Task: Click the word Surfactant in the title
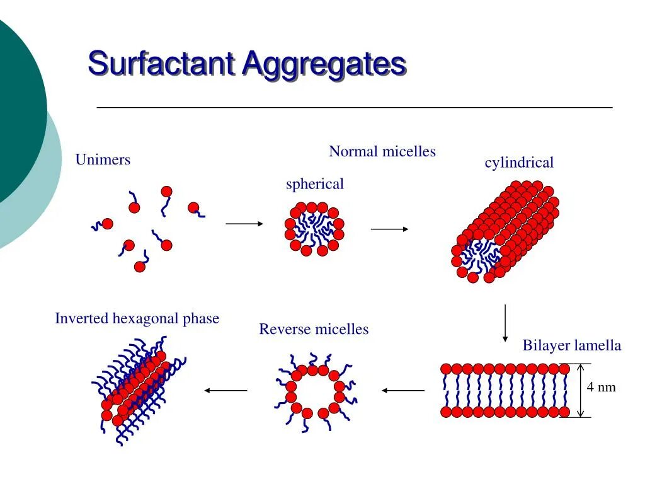click(161, 64)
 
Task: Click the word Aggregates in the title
click(324, 64)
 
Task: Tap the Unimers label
click(103, 159)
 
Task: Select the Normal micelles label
click(382, 151)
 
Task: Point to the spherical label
click(315, 184)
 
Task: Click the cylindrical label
click(519, 163)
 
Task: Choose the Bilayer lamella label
click(572, 345)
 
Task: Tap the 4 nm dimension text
click(601, 387)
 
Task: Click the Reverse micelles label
click(314, 329)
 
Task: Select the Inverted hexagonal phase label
click(137, 318)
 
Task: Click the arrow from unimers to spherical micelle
click(244, 223)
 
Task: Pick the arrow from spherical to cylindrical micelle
click(390, 229)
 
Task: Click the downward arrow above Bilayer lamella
click(505, 323)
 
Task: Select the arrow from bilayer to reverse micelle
click(403, 391)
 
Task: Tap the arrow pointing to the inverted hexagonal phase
click(225, 391)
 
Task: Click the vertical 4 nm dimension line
click(581, 390)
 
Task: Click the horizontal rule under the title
click(355, 108)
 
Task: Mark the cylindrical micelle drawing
click(504, 232)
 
